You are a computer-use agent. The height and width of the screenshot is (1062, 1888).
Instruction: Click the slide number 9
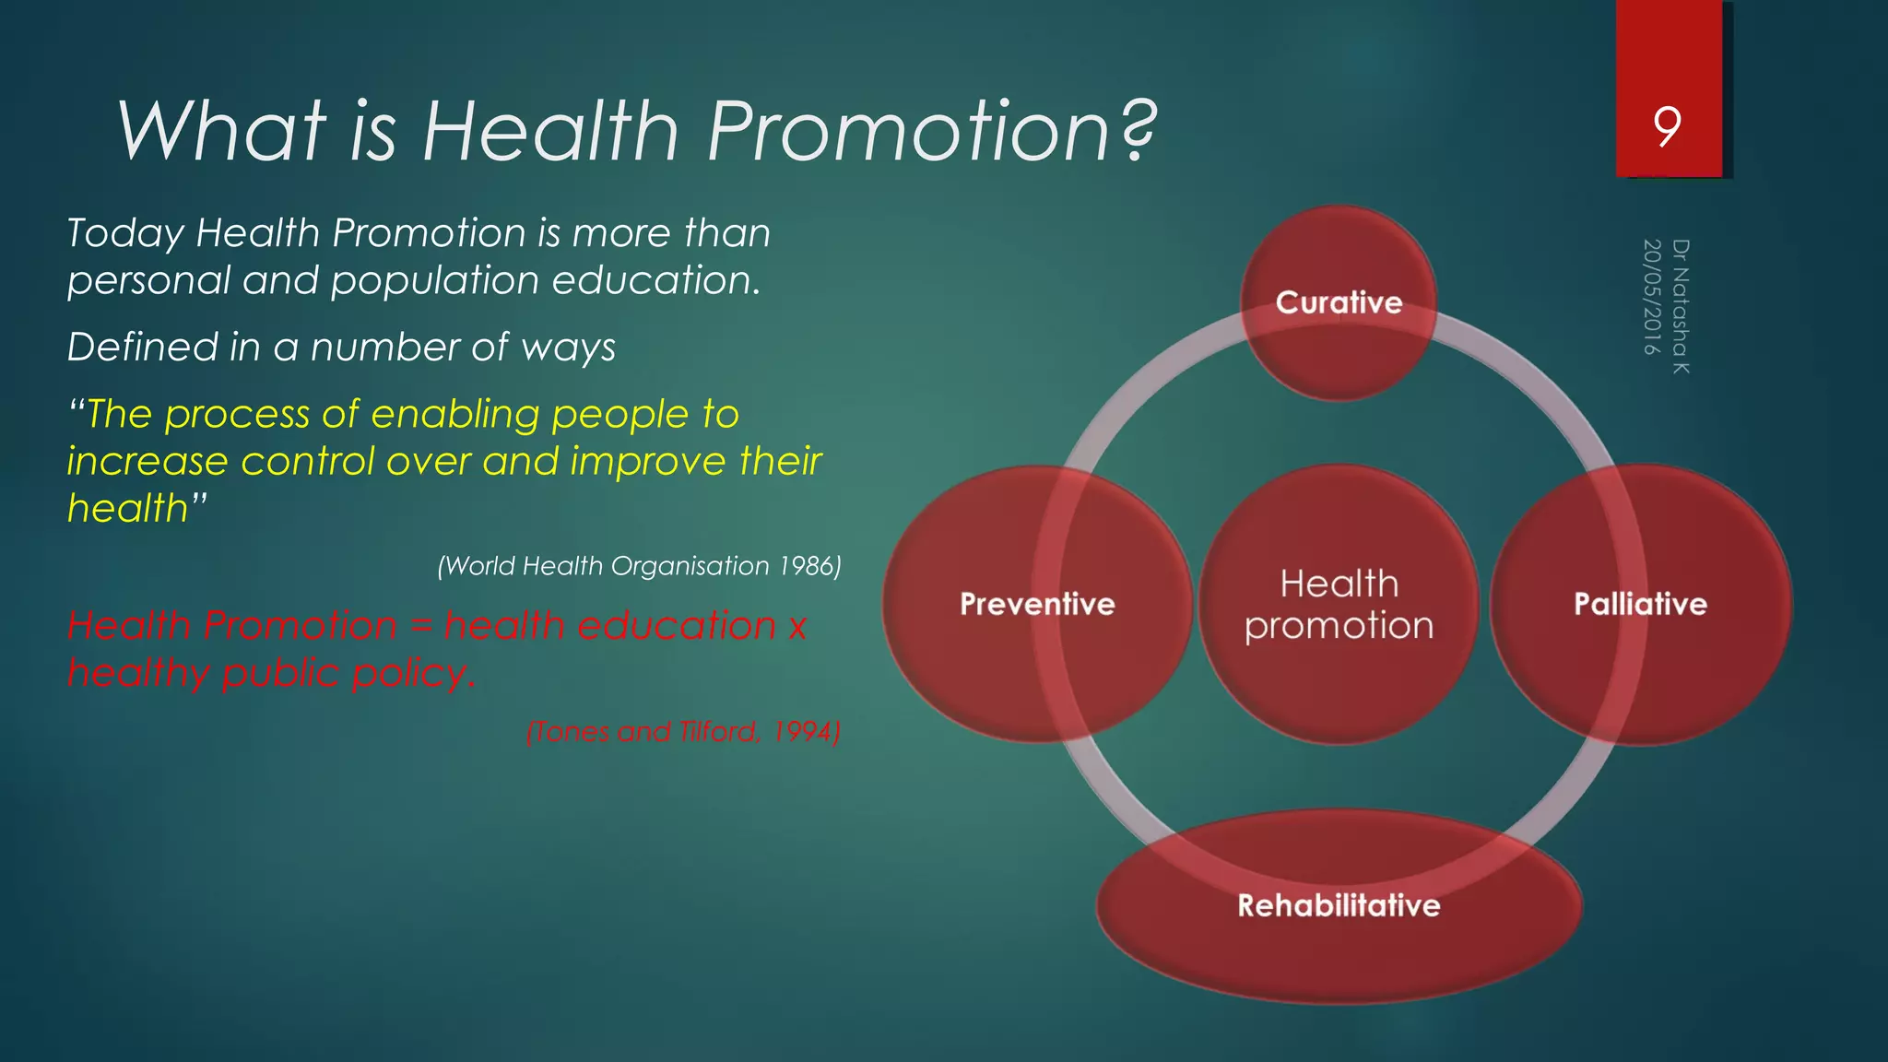(1667, 126)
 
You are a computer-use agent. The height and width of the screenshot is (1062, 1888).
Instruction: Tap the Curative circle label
(1339, 302)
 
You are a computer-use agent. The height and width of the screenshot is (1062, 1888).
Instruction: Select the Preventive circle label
(1037, 604)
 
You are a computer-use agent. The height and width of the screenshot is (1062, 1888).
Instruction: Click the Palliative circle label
(1640, 604)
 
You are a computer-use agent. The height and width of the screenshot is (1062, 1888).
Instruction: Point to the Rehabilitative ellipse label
(1339, 905)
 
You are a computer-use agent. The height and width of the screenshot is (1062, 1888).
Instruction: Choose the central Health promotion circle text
(1339, 605)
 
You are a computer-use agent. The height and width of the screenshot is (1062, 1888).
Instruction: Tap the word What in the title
(221, 131)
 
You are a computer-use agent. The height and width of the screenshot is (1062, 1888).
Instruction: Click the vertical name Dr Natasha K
(1681, 306)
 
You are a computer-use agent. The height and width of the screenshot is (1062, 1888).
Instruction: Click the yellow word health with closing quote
(136, 508)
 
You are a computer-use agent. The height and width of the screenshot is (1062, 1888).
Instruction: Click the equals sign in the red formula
(420, 626)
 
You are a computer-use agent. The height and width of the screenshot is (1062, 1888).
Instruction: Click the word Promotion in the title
(908, 131)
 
